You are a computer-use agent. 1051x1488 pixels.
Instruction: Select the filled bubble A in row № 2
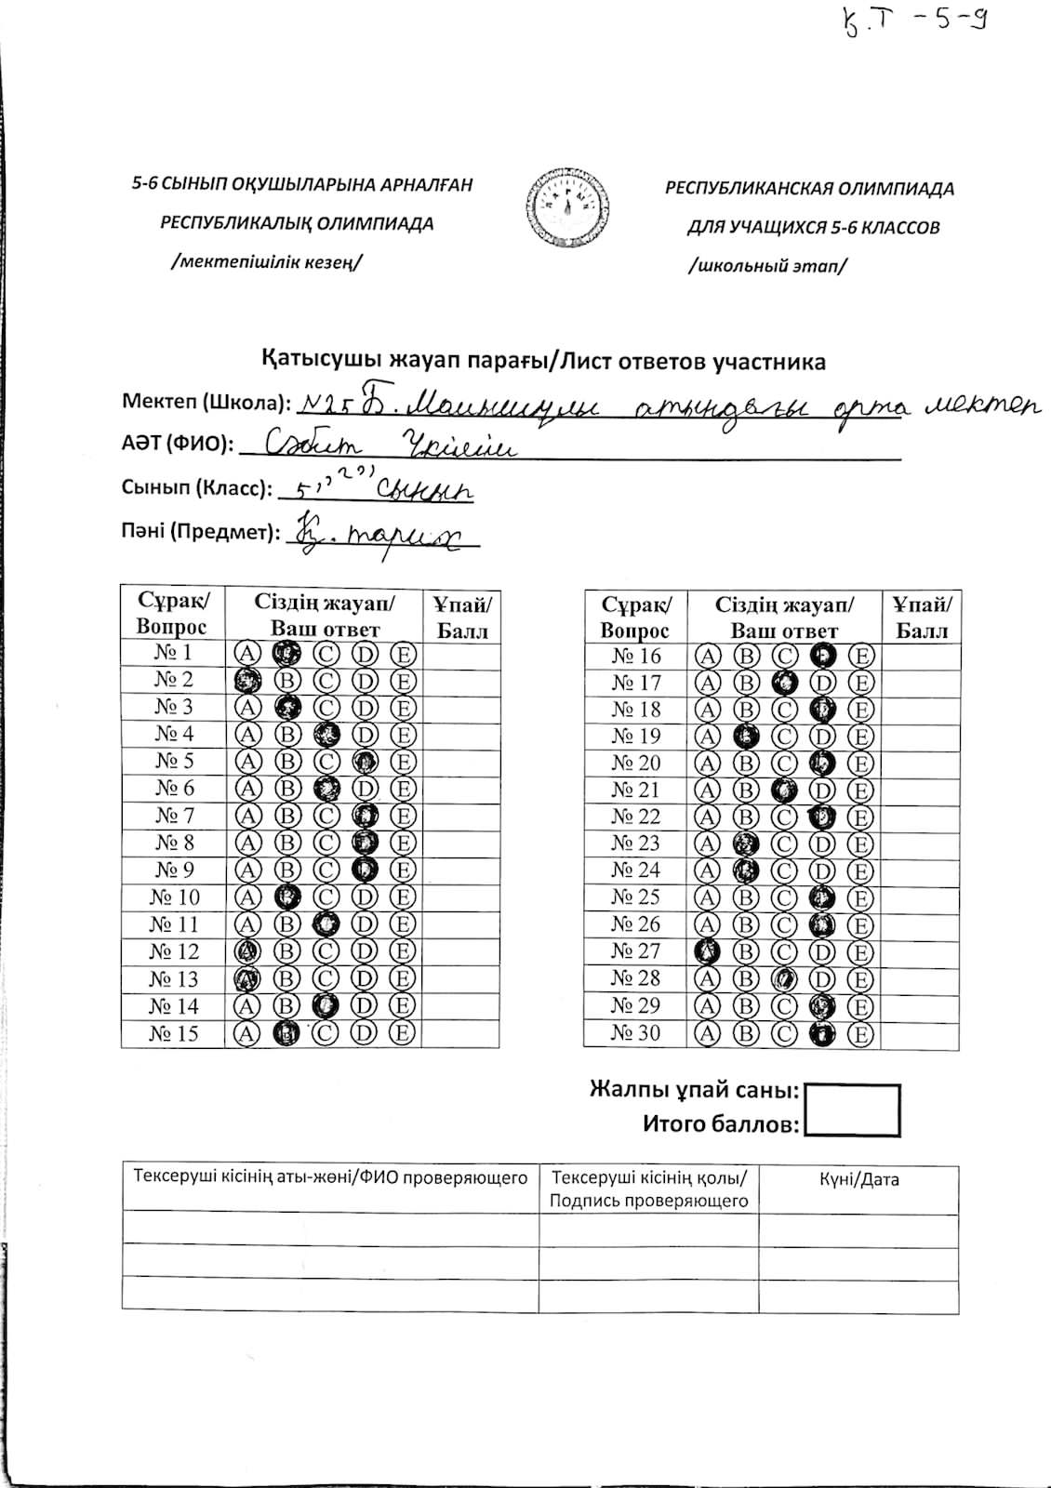point(246,680)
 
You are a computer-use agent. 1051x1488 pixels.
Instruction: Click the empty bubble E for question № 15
point(403,1033)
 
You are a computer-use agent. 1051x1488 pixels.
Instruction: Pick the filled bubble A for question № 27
point(709,951)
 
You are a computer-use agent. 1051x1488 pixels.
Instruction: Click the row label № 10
point(174,897)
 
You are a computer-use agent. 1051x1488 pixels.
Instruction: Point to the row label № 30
point(636,1033)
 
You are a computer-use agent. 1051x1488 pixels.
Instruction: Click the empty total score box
point(852,1109)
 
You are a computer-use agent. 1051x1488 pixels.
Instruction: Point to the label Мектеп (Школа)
point(206,403)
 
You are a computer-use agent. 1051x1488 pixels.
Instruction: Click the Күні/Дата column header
point(858,1180)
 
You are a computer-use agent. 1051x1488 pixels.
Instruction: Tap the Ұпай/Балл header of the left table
point(462,617)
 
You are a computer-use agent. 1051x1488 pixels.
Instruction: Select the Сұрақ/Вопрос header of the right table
point(636,618)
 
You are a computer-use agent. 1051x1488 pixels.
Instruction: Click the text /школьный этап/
point(766,266)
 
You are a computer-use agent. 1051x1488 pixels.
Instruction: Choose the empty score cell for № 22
point(920,817)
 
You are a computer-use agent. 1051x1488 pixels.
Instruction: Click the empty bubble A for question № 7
point(246,817)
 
